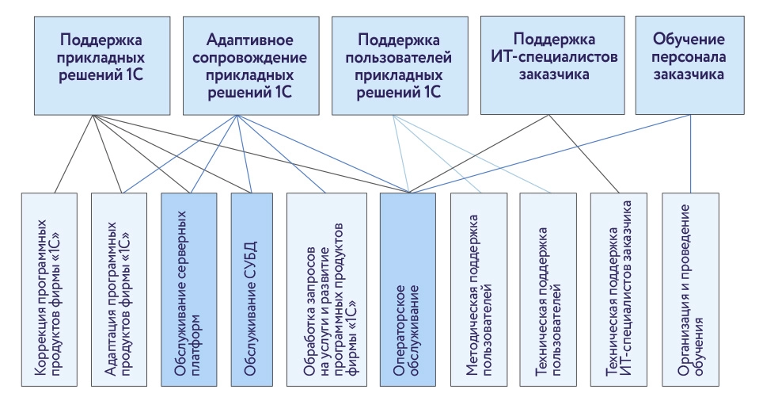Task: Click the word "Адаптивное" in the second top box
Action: tap(240, 39)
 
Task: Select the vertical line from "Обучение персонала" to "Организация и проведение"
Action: tap(691, 155)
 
